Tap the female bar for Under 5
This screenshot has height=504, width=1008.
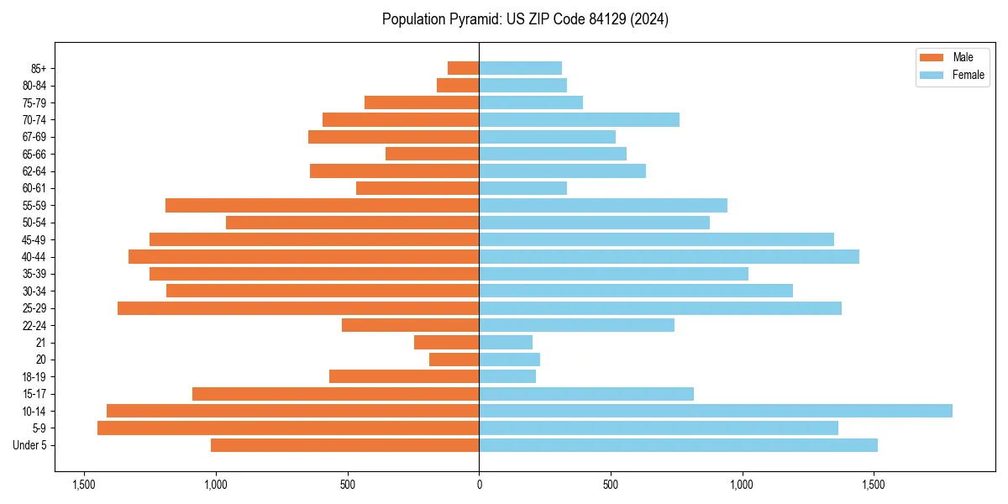tap(678, 445)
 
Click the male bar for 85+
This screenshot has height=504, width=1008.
tap(463, 68)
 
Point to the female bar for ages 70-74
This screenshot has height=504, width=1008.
tap(579, 119)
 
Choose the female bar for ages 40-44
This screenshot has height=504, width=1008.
tap(669, 256)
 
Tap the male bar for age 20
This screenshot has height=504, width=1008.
tap(454, 360)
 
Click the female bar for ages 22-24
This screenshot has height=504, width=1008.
tap(576, 325)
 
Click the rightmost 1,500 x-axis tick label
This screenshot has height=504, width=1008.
tap(874, 485)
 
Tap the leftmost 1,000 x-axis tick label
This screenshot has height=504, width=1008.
tap(216, 485)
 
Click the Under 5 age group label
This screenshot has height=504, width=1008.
tap(29, 445)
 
